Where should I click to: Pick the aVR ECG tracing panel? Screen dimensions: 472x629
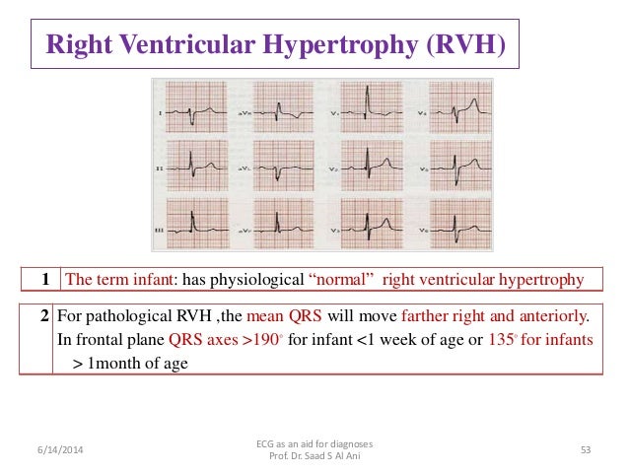click(x=285, y=111)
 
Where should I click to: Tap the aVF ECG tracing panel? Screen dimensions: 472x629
click(x=285, y=224)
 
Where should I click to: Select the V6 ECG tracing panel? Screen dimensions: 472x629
click(x=454, y=224)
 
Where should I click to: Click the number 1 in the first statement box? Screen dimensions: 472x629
click(x=43, y=281)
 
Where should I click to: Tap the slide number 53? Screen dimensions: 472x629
click(x=586, y=450)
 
